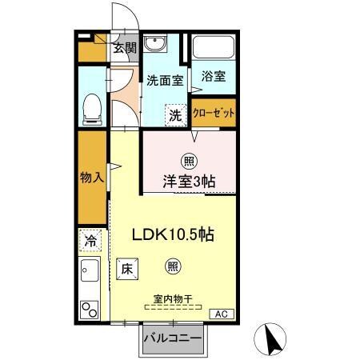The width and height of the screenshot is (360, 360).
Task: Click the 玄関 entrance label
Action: (123, 48)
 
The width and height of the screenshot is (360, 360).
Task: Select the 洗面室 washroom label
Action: (165, 81)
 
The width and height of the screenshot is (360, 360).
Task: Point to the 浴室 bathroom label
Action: (213, 77)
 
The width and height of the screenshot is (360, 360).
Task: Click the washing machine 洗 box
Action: (174, 114)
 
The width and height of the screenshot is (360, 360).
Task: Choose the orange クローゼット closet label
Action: (214, 113)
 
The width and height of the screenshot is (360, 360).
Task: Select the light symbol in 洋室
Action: (189, 159)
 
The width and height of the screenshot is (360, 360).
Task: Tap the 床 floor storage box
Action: (126, 270)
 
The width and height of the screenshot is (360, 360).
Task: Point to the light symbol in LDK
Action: (173, 266)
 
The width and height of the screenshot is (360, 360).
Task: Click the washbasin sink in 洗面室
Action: (156, 44)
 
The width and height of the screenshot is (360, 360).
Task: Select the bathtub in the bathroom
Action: (213, 48)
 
